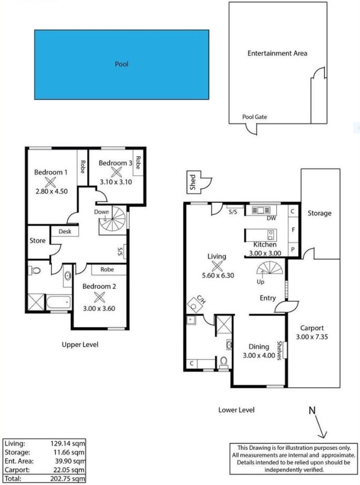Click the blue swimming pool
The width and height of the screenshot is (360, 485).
121,64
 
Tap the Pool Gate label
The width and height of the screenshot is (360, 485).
254,117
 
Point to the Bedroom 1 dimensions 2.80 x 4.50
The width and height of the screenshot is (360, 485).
52,191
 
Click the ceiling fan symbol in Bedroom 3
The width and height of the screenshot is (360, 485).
116,173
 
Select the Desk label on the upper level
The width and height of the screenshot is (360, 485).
65,231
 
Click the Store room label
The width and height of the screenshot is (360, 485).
37,240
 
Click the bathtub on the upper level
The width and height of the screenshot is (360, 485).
59,301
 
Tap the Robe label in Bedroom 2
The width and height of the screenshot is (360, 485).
107,269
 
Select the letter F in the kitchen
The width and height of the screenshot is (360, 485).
293,230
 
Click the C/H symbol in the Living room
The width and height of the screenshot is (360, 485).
196,304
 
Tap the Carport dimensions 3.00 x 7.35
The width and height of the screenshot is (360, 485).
312,337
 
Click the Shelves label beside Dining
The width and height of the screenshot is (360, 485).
280,351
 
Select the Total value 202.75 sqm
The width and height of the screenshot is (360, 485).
68,479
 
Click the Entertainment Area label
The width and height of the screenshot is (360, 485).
277,53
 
